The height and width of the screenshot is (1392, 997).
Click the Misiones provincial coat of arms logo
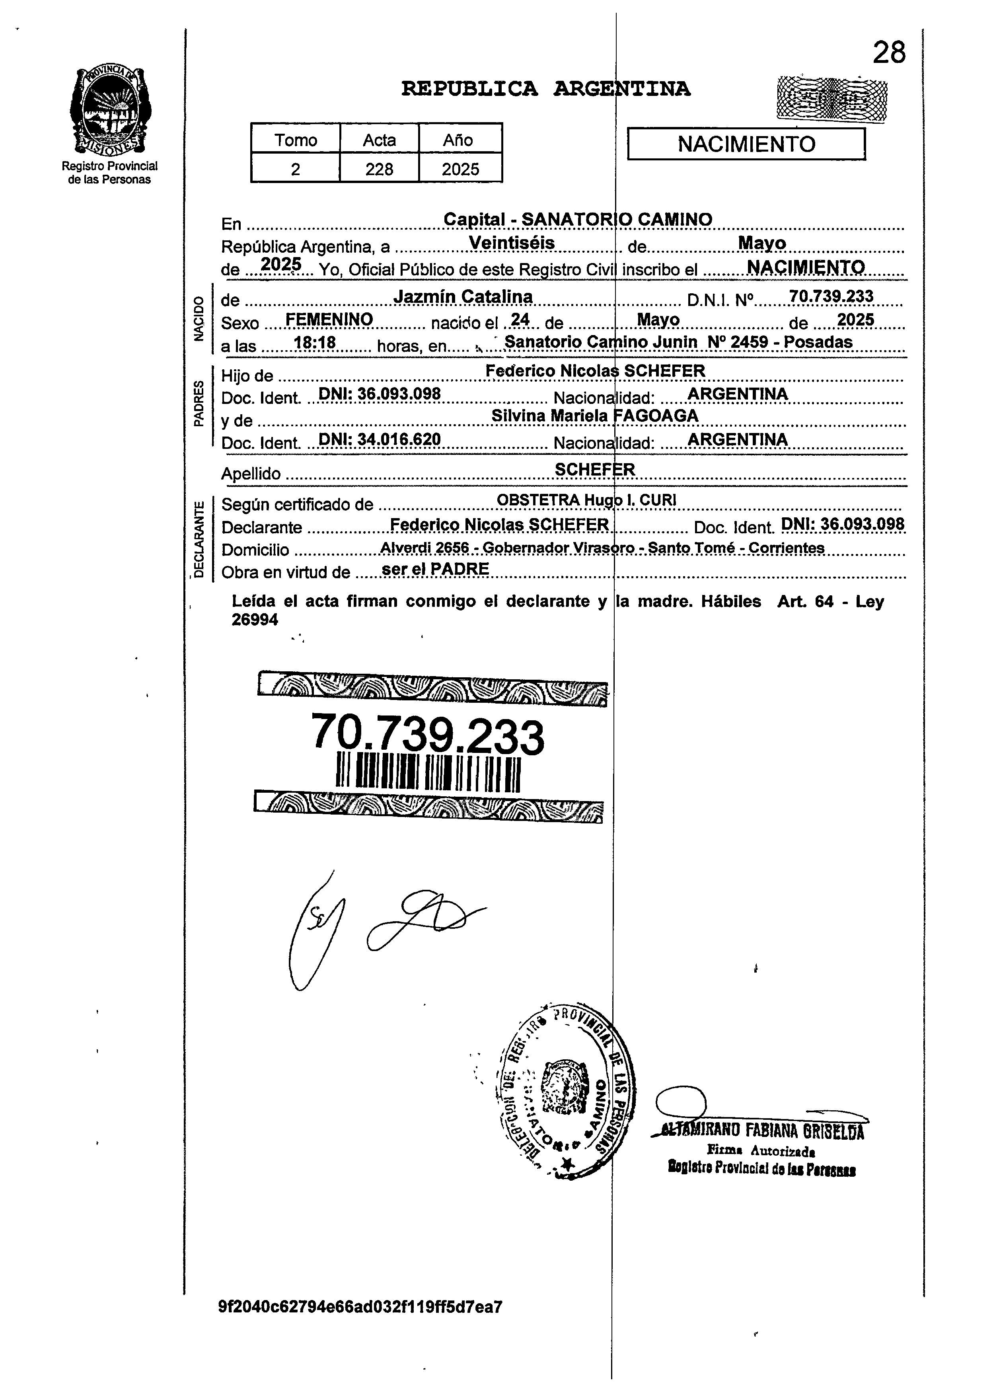[111, 111]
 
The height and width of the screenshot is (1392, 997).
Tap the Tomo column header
[295, 140]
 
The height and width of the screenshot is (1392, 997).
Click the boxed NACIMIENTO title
[746, 144]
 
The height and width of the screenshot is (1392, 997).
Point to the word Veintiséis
[512, 243]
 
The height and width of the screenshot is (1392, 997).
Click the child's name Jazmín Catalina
[463, 297]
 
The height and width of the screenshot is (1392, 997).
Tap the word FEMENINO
[329, 319]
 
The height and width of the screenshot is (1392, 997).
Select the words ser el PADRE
[435, 569]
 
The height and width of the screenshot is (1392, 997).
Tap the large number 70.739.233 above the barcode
[428, 734]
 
